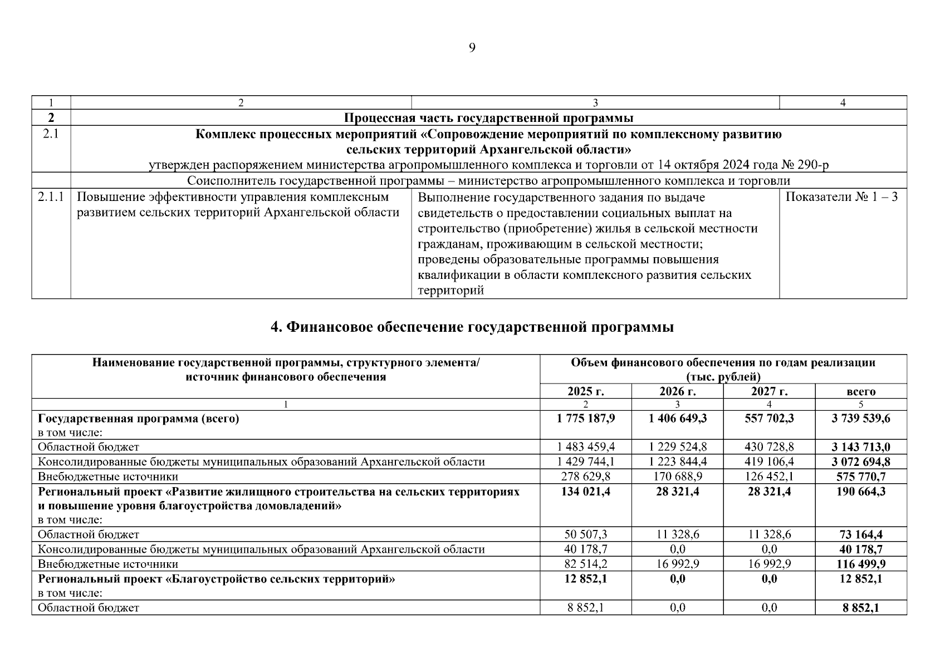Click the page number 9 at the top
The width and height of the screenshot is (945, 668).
coord(472,48)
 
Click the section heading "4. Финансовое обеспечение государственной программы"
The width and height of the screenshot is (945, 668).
coord(472,327)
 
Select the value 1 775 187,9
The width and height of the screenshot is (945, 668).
coord(585,419)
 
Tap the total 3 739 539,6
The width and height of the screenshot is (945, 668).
coord(860,419)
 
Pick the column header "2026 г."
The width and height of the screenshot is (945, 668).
coord(677,391)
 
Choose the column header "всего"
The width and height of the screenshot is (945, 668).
coord(860,391)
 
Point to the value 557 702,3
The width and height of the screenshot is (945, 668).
coord(769,419)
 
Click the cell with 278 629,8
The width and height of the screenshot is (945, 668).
coord(585,477)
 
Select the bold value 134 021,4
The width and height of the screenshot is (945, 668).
coord(585,492)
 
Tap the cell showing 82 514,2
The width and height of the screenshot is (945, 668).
coord(585,564)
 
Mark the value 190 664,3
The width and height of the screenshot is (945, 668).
coord(860,492)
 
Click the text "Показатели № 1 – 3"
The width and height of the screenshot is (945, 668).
coord(841,197)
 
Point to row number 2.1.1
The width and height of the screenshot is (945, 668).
coord(51,197)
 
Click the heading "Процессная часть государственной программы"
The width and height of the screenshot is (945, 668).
coord(488,118)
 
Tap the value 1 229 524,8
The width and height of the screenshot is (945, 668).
coord(677,446)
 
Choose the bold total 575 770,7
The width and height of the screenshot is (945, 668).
coord(860,477)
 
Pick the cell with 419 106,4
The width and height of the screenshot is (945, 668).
coord(769,461)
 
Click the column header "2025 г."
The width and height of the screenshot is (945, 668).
coord(585,391)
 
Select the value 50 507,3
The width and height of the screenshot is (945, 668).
coord(585,534)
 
